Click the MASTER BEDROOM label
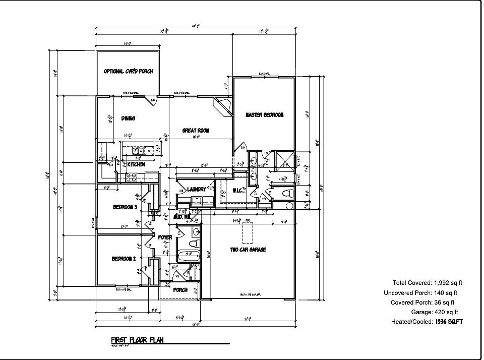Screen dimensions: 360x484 tap(264, 115)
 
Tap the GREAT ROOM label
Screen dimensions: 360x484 tap(196, 131)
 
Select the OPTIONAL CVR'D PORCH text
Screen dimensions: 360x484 tap(128, 71)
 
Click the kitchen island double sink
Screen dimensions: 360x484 tap(139, 151)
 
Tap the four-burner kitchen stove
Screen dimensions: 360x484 tap(131, 176)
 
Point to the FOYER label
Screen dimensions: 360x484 tap(165, 237)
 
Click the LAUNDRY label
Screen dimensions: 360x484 tap(196, 190)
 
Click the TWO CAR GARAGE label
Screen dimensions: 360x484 tap(248, 250)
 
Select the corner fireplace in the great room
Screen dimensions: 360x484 tap(222, 106)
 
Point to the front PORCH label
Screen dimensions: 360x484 tap(180, 290)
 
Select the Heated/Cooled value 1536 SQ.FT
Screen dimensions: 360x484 tap(448, 321)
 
